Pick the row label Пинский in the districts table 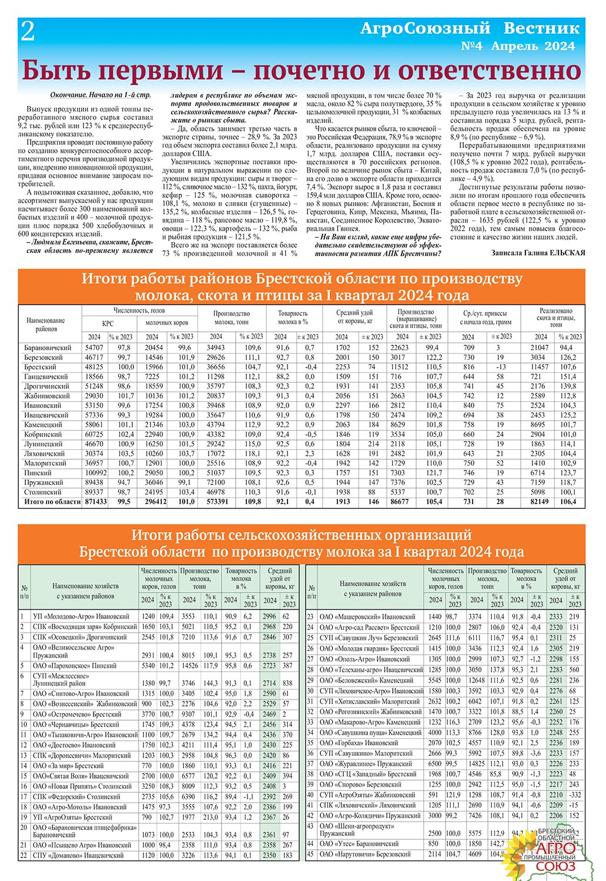(39, 473)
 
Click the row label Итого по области (52, 502)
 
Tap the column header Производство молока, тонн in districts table (232, 318)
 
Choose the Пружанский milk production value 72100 (216, 483)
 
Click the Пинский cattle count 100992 (94, 473)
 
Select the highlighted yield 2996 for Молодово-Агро (269, 617)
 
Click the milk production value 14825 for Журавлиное (476, 764)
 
